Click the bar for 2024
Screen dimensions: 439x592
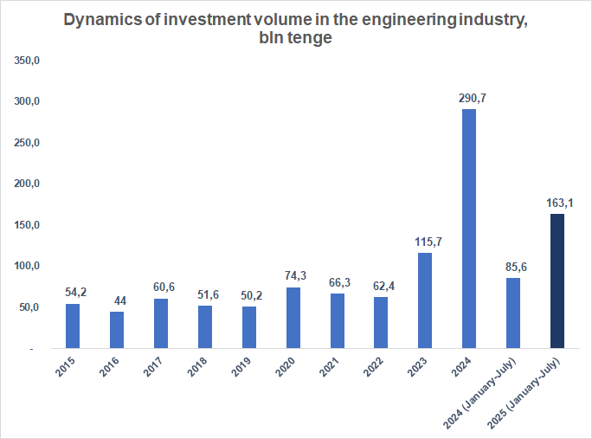point(468,229)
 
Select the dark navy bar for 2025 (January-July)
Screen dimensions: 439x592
point(557,281)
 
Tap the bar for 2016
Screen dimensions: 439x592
point(117,330)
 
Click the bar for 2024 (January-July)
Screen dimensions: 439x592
point(512,313)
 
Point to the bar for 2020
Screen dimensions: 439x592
point(293,318)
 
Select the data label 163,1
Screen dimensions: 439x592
point(560,203)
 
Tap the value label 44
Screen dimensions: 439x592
point(118,300)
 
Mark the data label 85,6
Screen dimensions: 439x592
point(516,268)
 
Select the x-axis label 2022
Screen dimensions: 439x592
point(376,367)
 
